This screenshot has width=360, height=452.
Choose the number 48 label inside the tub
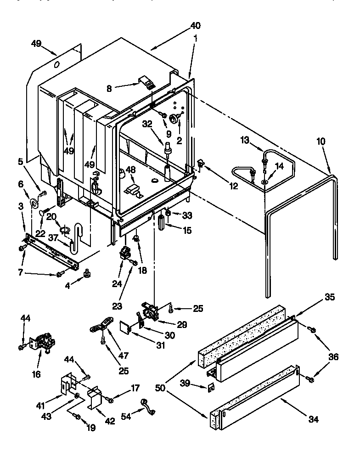coord(131,170)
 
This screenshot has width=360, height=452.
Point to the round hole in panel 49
coord(56,66)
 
